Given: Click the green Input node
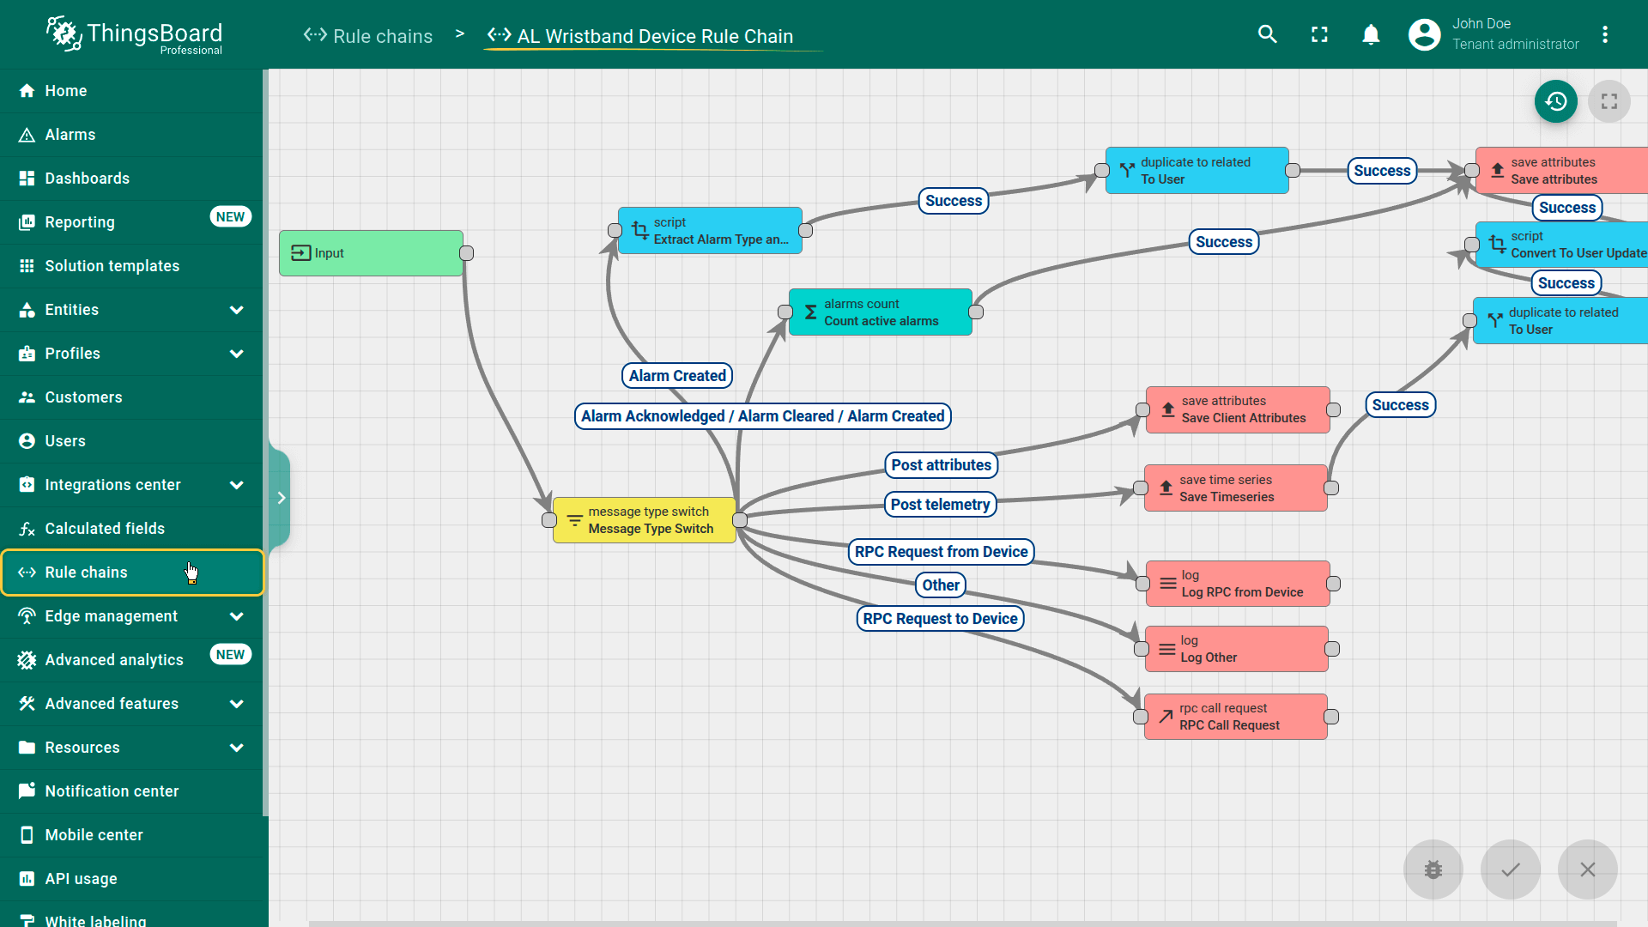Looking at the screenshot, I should [371, 253].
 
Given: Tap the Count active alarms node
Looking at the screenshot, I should [880, 312].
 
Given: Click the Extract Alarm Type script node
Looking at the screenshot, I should [710, 231].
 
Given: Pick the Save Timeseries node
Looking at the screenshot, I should [1235, 488].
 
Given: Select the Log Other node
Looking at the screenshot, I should [1236, 649].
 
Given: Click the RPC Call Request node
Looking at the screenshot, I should [1235, 717].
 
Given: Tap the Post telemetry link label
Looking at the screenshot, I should [940, 505].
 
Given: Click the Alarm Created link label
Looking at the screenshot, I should [677, 376].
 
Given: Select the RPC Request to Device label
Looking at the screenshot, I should [940, 619].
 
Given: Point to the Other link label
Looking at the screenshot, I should [941, 585].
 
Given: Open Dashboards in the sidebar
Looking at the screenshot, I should [87, 179].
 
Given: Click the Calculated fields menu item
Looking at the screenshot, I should [105, 529].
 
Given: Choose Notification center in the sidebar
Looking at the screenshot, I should [112, 791].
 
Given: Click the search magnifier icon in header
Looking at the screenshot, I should [1268, 34].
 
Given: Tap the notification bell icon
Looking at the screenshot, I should [1371, 34].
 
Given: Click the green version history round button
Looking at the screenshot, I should [1555, 102].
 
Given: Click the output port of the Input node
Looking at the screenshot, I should [467, 253].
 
